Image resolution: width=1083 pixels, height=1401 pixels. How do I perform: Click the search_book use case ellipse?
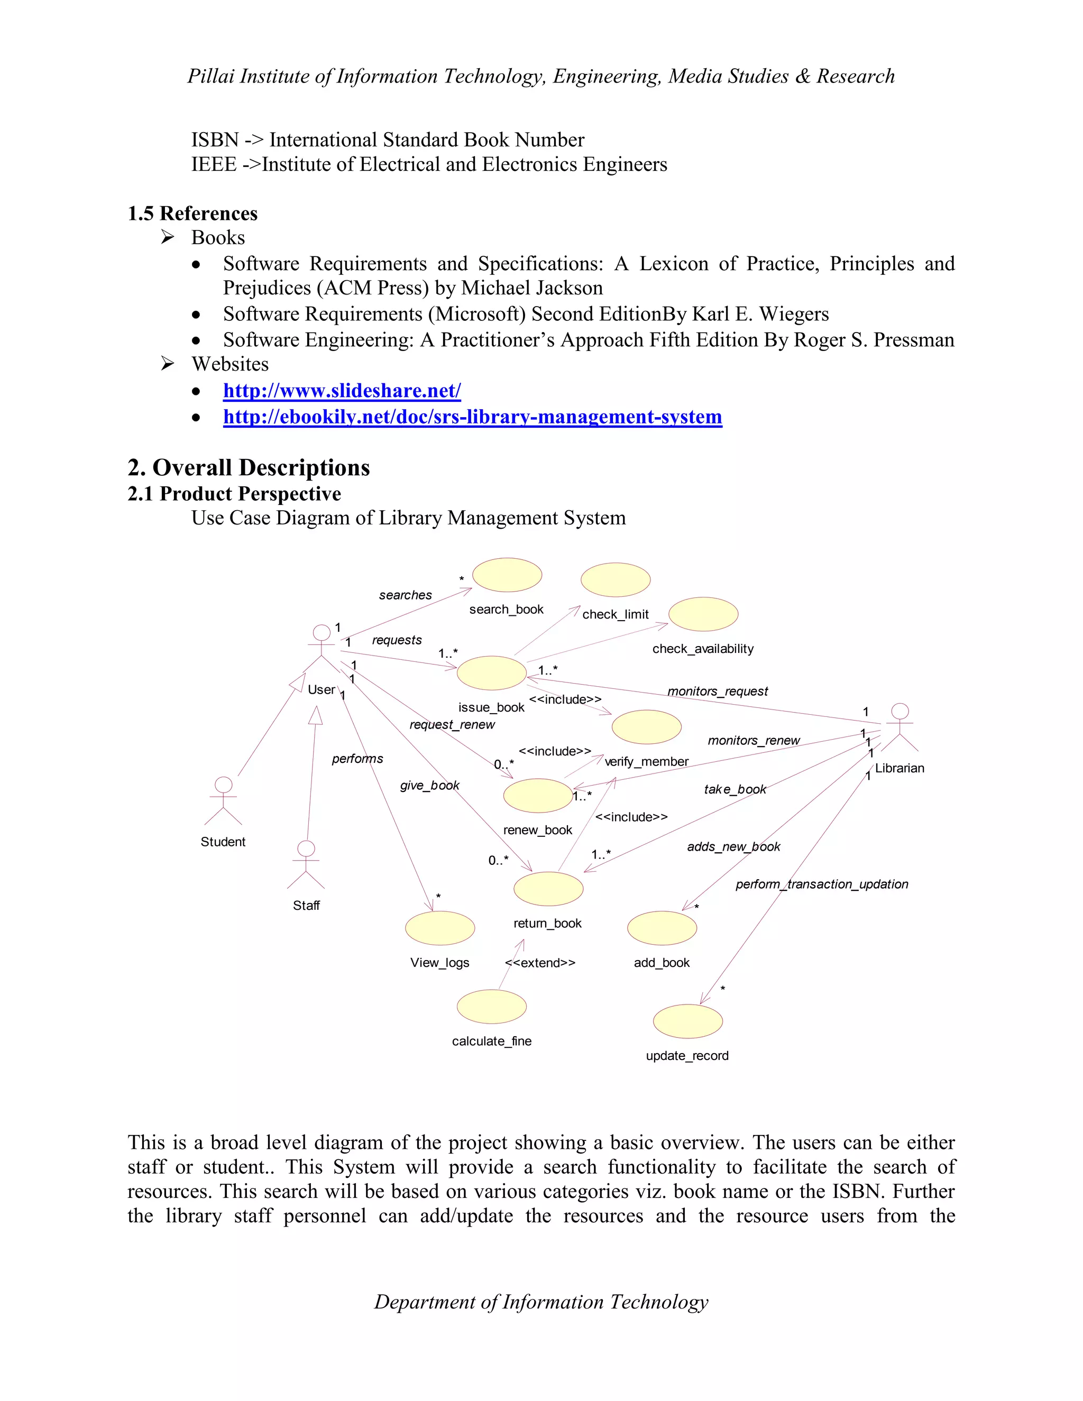click(x=507, y=575)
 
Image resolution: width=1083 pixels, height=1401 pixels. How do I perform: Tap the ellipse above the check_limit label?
click(x=616, y=580)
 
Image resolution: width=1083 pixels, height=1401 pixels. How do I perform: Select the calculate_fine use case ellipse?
click(x=491, y=1007)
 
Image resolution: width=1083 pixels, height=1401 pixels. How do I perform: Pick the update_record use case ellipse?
click(x=688, y=1021)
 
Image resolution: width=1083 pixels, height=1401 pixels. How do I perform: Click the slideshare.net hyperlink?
click(x=342, y=391)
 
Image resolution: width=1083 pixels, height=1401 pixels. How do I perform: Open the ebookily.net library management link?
click(x=472, y=417)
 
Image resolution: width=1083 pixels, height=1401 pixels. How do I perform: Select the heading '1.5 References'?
click(x=192, y=213)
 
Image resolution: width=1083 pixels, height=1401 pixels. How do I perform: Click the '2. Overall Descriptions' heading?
click(x=249, y=468)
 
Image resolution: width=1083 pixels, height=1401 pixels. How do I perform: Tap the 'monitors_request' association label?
click(x=717, y=691)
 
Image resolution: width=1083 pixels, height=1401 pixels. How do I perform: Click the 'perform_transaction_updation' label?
click(x=821, y=884)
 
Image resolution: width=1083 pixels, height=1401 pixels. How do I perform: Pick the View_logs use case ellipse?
click(x=440, y=928)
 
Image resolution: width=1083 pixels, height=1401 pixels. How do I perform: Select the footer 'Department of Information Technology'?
click(x=541, y=1302)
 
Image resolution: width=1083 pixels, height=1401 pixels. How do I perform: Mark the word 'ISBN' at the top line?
click(x=215, y=140)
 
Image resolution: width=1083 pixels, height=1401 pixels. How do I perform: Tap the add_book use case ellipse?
click(x=662, y=928)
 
